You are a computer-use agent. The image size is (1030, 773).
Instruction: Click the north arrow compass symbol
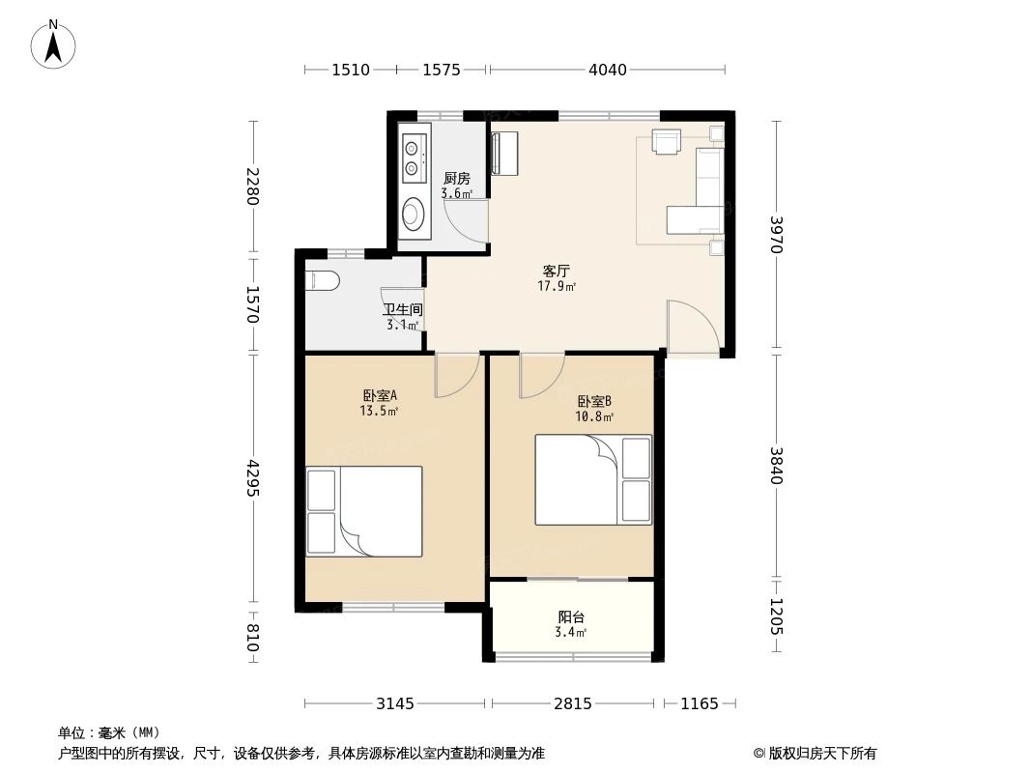[55, 43]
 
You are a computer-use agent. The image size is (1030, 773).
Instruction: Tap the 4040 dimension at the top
[607, 70]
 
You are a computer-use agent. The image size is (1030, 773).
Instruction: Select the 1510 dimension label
[350, 70]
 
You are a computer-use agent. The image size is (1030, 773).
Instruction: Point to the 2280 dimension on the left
[253, 186]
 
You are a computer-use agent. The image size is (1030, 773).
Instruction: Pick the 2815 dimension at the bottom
[572, 703]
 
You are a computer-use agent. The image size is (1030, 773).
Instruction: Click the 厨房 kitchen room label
[456, 179]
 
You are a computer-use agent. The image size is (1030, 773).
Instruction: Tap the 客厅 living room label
[556, 272]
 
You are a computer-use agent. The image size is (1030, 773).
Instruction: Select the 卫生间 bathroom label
[402, 310]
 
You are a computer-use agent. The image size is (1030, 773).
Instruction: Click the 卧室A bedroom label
[380, 395]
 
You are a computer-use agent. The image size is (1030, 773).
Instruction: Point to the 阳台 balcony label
[571, 617]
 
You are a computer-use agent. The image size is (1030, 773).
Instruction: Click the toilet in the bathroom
[321, 282]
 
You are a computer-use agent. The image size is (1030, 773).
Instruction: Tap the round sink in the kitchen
[414, 212]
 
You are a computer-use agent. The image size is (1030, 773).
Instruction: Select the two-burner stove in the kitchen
[414, 158]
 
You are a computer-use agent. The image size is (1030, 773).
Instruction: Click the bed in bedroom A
[364, 511]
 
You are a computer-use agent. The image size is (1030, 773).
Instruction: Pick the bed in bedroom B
[593, 479]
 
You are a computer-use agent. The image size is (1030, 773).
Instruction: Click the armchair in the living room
[668, 142]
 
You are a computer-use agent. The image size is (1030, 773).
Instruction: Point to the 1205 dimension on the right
[777, 616]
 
